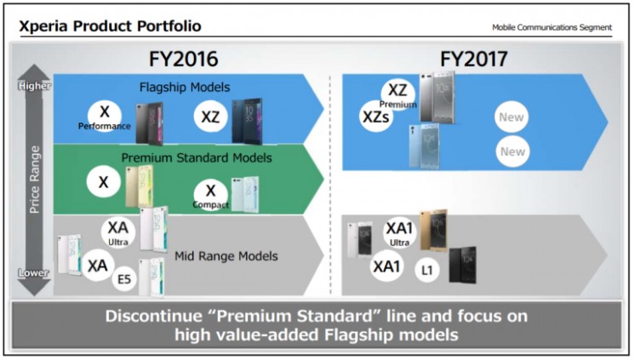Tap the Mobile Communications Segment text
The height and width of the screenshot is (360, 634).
tap(551, 27)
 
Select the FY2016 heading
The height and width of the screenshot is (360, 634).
tap(183, 60)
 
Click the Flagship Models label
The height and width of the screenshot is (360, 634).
tap(184, 87)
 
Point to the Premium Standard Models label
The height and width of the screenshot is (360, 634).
tap(197, 157)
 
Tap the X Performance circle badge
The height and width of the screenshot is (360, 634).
tap(105, 117)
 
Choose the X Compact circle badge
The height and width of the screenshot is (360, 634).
tap(210, 195)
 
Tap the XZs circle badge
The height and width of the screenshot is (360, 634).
tap(375, 117)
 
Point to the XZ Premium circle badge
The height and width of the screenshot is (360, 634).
tap(397, 94)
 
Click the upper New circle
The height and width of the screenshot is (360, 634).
tap(512, 117)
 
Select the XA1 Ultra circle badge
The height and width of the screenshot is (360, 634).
tap(398, 232)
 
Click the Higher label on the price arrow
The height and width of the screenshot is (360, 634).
tap(35, 86)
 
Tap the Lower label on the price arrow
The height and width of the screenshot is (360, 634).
tap(35, 273)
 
